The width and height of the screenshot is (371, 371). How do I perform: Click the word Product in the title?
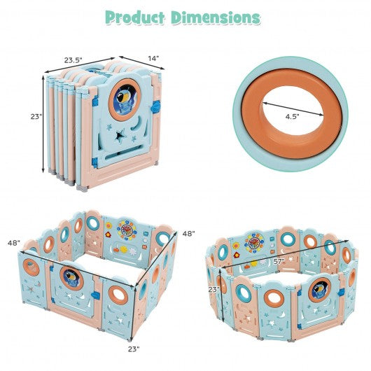(x=135, y=17)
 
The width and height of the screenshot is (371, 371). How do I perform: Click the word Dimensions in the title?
(x=216, y=17)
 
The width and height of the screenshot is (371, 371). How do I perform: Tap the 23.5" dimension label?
(x=73, y=60)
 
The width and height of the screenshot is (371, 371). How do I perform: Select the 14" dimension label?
(x=153, y=58)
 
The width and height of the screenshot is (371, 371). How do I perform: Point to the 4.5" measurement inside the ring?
(x=292, y=116)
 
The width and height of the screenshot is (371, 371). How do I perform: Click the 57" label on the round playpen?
(x=279, y=262)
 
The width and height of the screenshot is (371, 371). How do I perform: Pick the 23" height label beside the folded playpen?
(x=36, y=116)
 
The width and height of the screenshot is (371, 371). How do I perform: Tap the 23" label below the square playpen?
(x=134, y=349)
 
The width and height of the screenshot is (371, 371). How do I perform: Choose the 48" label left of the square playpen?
(x=14, y=243)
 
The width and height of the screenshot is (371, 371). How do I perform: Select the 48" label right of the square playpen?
(x=188, y=233)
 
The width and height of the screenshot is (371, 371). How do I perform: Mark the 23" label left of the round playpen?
(x=213, y=289)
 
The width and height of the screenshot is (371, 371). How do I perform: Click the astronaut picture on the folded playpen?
(x=125, y=99)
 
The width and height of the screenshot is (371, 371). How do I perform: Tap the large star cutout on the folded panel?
(x=120, y=136)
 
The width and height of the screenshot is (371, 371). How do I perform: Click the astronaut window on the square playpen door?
(x=71, y=279)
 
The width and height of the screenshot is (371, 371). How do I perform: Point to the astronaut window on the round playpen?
(x=319, y=290)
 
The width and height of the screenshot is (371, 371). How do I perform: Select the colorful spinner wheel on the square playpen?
(x=127, y=230)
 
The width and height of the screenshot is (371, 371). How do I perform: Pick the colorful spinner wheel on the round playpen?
(x=254, y=242)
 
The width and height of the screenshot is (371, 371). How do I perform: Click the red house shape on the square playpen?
(x=108, y=234)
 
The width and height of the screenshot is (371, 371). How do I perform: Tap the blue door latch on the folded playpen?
(x=156, y=106)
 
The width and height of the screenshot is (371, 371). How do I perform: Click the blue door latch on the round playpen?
(x=341, y=293)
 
